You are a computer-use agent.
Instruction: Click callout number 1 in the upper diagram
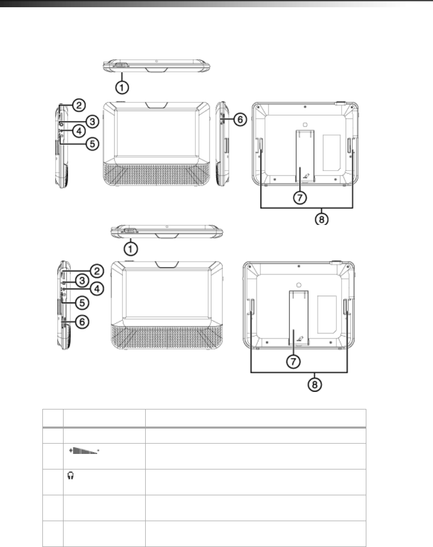tap(122, 87)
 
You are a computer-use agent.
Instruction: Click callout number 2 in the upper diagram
tap(79, 105)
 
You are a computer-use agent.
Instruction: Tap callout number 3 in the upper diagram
tap(92, 121)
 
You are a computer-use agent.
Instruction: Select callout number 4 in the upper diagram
tap(79, 131)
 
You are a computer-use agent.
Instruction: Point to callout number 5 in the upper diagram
tap(92, 143)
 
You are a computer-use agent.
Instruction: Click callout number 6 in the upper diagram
tap(240, 119)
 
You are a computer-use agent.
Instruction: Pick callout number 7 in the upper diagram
tap(300, 198)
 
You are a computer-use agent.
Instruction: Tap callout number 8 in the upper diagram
tap(322, 219)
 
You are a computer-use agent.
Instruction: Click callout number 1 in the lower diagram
tap(131, 249)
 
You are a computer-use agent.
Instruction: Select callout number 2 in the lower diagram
tap(97, 271)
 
